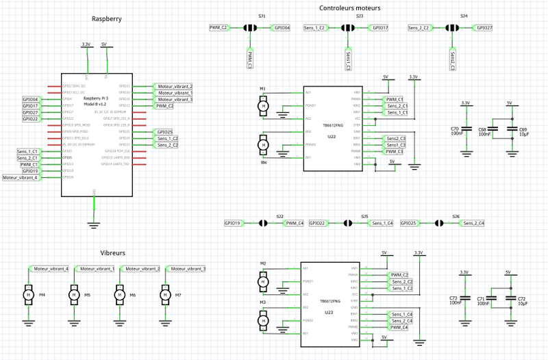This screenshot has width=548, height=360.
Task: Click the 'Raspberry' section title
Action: coord(106,18)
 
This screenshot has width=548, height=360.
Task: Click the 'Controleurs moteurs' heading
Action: coord(350,8)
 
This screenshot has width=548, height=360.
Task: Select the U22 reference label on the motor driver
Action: coord(332,137)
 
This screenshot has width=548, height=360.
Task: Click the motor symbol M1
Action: coord(262,105)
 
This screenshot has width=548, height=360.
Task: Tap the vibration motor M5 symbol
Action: coord(73,294)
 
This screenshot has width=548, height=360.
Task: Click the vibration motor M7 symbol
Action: coord(164,294)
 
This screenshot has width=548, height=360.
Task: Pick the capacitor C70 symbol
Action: coord(466,129)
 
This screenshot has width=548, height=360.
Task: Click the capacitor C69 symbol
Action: coord(510,129)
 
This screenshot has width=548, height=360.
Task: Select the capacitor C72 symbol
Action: coord(509,298)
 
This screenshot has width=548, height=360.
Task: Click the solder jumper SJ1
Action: coord(250,28)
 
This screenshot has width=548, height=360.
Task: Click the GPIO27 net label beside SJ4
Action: coord(484,28)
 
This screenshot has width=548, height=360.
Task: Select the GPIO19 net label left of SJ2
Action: coord(233,223)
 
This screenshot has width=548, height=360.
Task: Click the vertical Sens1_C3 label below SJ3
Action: coord(348,60)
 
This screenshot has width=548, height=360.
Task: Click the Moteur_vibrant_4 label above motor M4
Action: coord(51,269)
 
